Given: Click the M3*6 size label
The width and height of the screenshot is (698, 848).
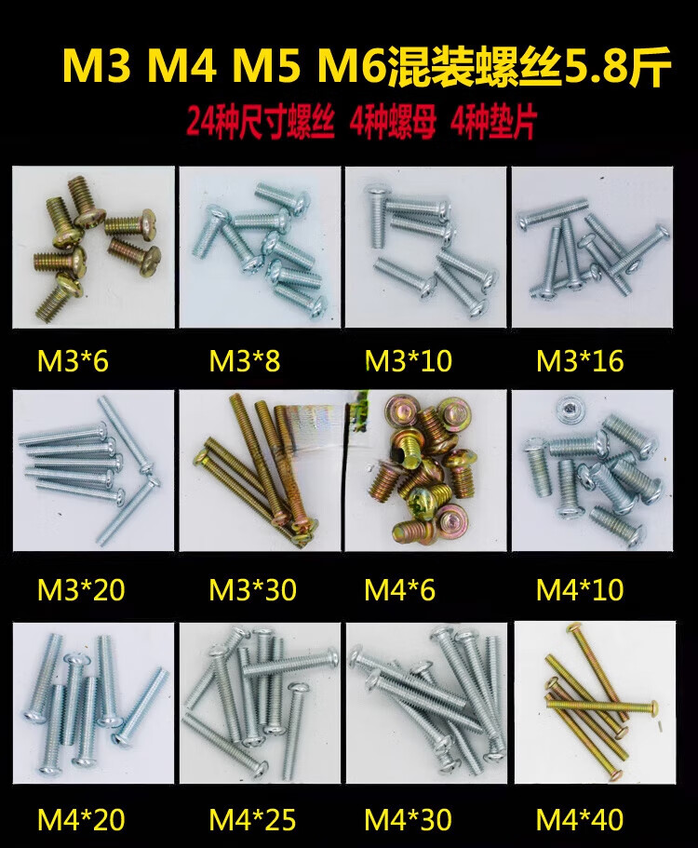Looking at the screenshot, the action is pos(73,361).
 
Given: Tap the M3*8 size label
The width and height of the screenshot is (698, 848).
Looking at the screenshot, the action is pos(245,361).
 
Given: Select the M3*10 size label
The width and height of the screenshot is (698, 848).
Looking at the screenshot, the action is pos(409,361).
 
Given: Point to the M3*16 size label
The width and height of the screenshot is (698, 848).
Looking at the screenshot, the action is pos(580,361).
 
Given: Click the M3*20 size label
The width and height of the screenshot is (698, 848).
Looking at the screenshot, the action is pos(81,589).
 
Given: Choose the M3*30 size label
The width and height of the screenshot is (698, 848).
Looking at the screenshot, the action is pos(253,589).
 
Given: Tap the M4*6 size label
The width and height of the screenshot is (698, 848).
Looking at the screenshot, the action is pos(400,589).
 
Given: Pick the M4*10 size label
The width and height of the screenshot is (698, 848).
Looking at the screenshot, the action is pos(580,589).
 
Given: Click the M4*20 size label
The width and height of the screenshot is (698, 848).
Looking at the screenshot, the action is pos(81,820).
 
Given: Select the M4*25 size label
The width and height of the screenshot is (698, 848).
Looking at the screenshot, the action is pos(253,820).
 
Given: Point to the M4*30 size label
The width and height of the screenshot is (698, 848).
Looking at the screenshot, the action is pos(409,820).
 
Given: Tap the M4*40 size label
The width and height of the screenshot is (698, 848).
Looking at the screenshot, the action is pos(580,820).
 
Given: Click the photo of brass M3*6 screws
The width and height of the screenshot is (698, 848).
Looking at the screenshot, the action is pos(94,248).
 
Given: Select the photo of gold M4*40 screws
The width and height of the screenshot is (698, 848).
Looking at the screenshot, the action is pos(594,702).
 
